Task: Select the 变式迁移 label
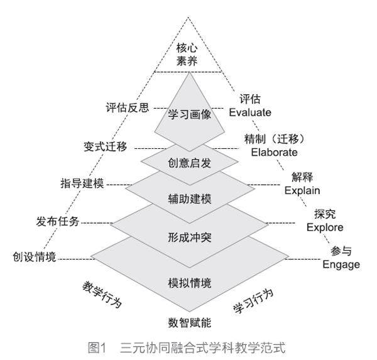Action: [105, 146]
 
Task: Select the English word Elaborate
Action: [273, 151]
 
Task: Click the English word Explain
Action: [302, 190]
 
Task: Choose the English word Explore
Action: [325, 227]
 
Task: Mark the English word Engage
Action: [341, 265]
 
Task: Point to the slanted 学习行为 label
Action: [253, 302]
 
